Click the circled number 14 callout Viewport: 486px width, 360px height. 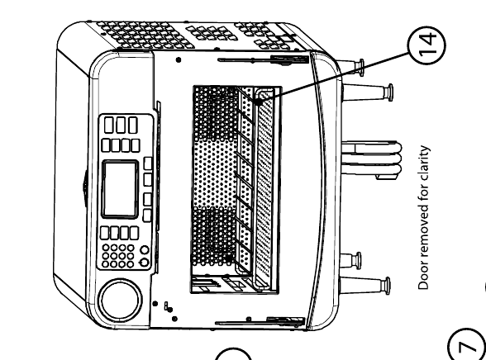(x=426, y=45)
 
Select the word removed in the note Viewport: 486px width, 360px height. (x=424, y=234)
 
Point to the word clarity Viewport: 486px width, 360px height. (x=424, y=160)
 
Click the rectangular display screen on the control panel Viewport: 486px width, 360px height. (x=121, y=189)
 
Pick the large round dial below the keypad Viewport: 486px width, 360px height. (x=121, y=301)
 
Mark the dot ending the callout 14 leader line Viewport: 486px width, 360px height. (x=258, y=101)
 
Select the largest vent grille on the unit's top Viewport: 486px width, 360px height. (x=145, y=35)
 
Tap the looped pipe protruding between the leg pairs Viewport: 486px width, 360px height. (x=372, y=159)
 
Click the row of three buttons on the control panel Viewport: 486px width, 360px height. (x=121, y=125)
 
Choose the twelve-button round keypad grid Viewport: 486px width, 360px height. (x=118, y=256)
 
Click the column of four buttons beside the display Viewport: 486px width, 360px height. (x=148, y=189)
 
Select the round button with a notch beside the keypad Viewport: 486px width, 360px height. (x=145, y=263)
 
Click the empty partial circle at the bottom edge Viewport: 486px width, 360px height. (x=232, y=353)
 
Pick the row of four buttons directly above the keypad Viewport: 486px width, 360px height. (x=119, y=233)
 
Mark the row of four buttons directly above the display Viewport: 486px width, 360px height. (x=121, y=145)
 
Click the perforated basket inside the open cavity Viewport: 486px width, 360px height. (x=234, y=189)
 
